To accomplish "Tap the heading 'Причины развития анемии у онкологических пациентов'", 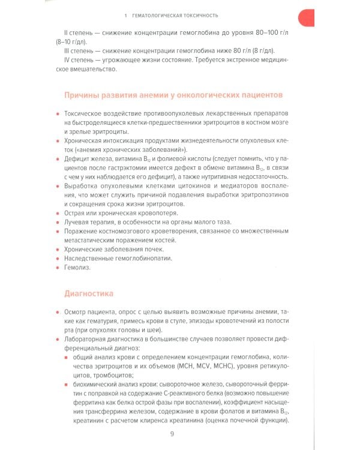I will (x=169, y=95).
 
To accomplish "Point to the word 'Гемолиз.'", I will (x=80, y=268).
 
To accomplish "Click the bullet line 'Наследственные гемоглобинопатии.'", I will (x=118, y=258).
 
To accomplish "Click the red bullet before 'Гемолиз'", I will (x=58, y=268).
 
